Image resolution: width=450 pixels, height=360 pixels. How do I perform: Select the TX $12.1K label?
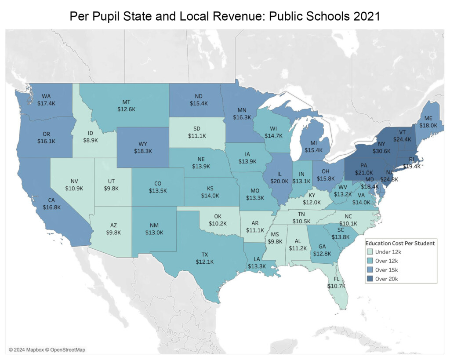pyautogui.click(x=205, y=258)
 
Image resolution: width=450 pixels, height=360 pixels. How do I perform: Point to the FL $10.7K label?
pyautogui.click(x=336, y=282)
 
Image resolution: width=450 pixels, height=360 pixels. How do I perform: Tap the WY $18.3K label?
pyautogui.click(x=143, y=147)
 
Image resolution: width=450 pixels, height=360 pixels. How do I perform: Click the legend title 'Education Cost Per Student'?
pyautogui.click(x=400, y=243)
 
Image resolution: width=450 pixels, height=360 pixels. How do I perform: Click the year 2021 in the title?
pyautogui.click(x=363, y=16)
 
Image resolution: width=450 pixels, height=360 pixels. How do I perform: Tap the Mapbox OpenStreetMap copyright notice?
pyautogui.click(x=47, y=349)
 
